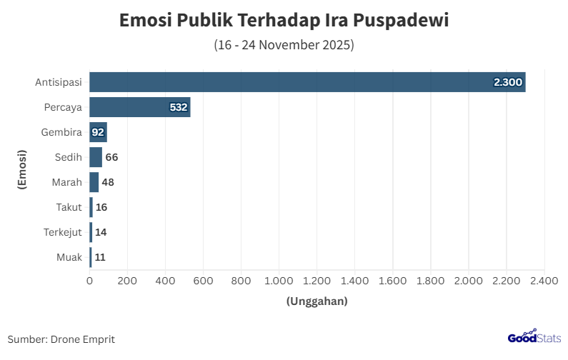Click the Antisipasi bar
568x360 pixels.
click(x=307, y=82)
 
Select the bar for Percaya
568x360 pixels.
click(x=139, y=107)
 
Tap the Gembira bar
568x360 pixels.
click(x=98, y=132)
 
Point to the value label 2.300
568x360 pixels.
click(x=508, y=83)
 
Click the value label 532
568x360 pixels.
click(x=178, y=108)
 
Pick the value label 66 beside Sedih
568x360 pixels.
click(x=111, y=157)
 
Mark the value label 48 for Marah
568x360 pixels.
click(x=108, y=182)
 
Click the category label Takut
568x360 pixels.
click(x=69, y=207)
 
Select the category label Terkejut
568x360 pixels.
click(x=63, y=232)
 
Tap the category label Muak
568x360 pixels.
click(x=69, y=257)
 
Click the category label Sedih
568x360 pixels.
click(x=69, y=157)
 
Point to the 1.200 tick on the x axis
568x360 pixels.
click(x=317, y=281)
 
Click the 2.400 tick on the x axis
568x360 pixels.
click(x=544, y=281)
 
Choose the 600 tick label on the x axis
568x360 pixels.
click(x=203, y=281)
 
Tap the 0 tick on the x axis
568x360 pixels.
click(x=89, y=281)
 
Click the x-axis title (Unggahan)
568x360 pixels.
click(x=317, y=301)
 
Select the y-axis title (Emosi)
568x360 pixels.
click(x=22, y=169)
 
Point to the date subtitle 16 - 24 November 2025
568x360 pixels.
click(x=284, y=45)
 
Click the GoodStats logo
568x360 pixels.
click(x=534, y=337)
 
